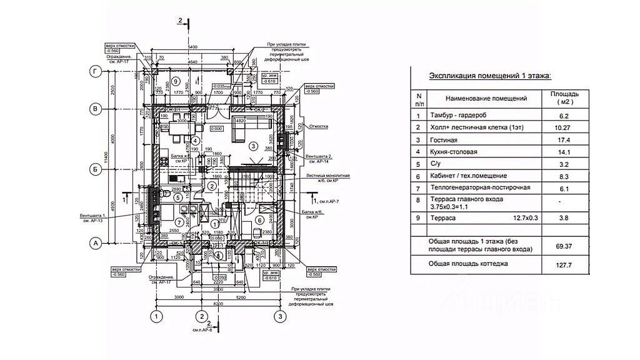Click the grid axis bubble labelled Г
[96, 72]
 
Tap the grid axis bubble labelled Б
[96, 169]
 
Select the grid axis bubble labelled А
[96, 242]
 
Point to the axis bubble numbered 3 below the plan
[281, 317]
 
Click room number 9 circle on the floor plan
[176, 81]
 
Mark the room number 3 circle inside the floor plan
[252, 146]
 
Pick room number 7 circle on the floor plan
[179, 222]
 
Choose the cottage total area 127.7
[564, 266]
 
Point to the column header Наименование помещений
[486, 98]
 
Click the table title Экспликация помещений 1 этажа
[490, 76]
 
